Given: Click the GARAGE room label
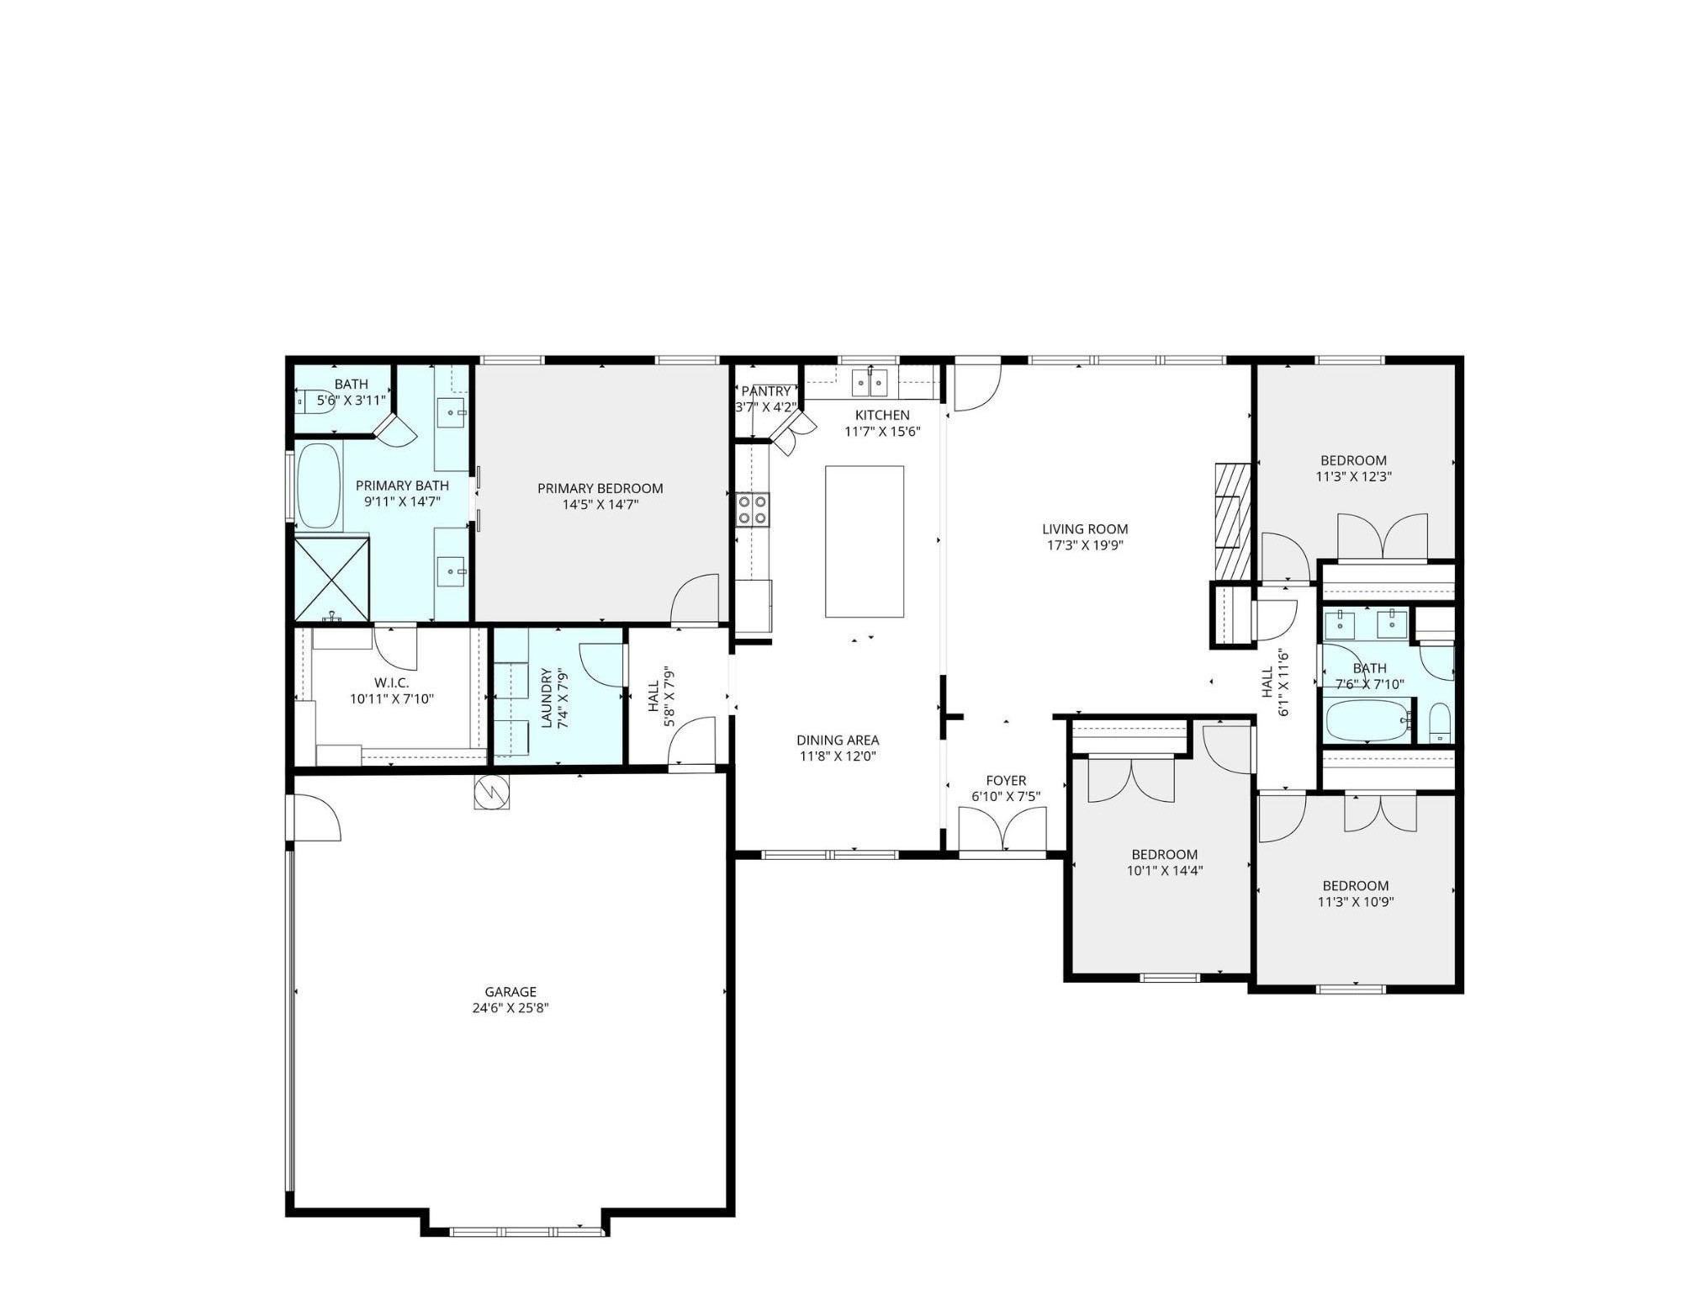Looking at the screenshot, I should coord(510,992).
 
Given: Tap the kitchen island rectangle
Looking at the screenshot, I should coord(864,541).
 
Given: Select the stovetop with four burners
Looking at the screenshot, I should coord(752,510).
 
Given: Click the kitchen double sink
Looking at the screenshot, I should coord(870,383).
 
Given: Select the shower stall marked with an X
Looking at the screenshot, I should coord(331,580).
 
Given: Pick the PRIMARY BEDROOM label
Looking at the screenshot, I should coord(600,488).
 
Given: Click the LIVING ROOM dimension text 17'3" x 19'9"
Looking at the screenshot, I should coord(1084,545).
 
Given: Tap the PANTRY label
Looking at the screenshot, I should coord(765,391).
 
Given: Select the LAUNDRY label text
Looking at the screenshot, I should coord(547,698).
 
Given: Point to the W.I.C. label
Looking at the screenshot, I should coord(391,682).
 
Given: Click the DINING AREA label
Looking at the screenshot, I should coord(837,740).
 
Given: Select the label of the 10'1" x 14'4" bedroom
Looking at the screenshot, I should coord(1164,854).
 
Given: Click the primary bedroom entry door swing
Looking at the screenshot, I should coord(696,599).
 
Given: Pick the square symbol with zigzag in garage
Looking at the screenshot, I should coord(491,791).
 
